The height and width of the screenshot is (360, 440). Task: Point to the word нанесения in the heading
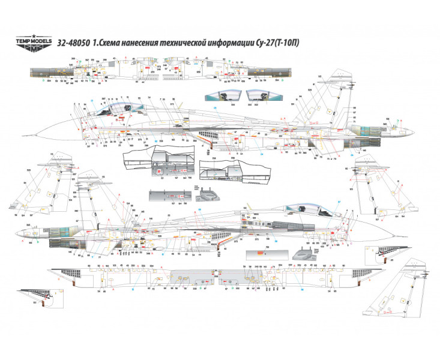coord(158,43)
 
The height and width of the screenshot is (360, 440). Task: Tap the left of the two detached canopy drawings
coord(222,96)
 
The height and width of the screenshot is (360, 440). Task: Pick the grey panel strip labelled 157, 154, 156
coord(171,196)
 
